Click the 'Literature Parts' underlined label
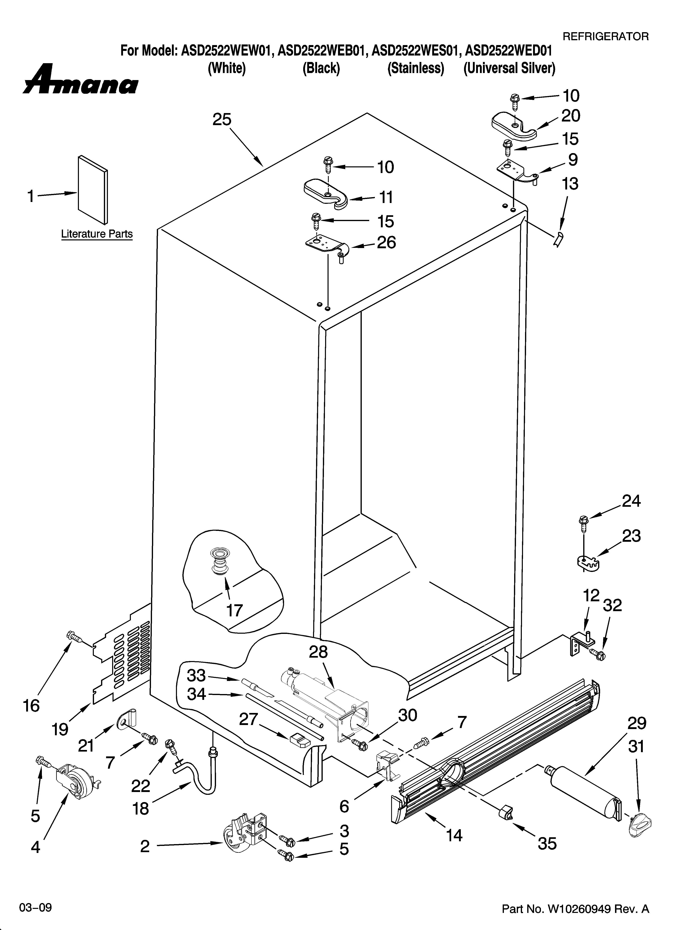coord(97,234)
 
